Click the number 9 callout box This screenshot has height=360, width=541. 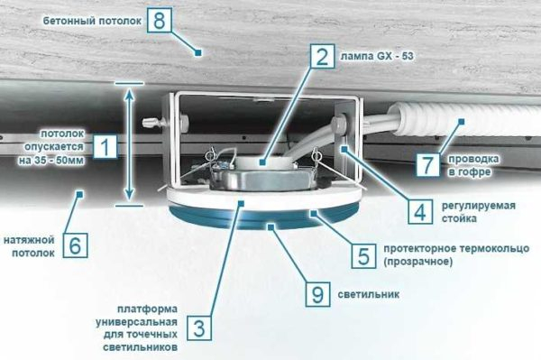click(x=316, y=294)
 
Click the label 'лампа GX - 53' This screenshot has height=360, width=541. click(x=377, y=56)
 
